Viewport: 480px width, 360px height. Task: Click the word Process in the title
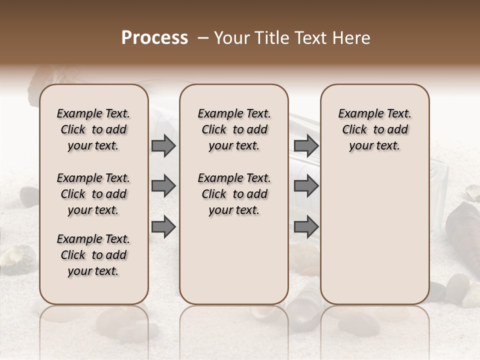point(154,38)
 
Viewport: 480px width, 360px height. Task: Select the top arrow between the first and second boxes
point(163,146)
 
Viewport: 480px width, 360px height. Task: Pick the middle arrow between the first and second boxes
point(163,186)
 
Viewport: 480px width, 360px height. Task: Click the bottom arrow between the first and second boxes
point(163,227)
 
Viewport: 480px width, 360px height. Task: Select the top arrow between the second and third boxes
point(306,146)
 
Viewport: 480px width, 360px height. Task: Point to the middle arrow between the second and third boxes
point(306,186)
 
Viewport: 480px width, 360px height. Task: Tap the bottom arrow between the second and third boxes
point(306,227)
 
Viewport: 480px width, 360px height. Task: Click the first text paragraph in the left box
point(93,129)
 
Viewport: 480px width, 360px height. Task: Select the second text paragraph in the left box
point(93,194)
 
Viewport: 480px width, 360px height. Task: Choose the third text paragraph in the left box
point(93,255)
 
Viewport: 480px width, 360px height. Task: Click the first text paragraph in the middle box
point(234,129)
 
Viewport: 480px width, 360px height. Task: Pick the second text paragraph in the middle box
point(234,194)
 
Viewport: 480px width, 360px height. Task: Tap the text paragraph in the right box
point(375,129)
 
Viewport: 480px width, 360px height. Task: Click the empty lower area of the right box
point(375,235)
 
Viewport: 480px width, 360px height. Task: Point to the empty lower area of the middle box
point(234,260)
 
